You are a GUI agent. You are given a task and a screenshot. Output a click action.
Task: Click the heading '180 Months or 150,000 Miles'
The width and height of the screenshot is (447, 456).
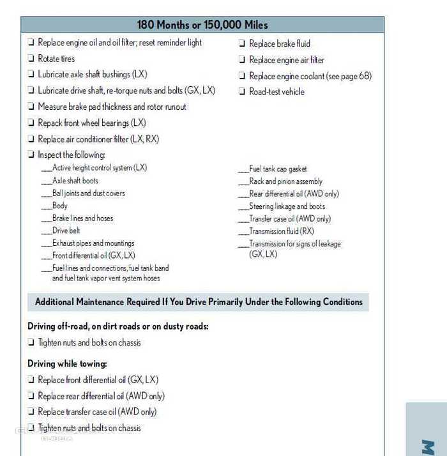[202, 25]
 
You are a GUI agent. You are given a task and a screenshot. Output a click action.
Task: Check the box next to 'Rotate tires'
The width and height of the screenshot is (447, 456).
[31, 59]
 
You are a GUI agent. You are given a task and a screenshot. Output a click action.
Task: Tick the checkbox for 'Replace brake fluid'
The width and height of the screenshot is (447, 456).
[243, 44]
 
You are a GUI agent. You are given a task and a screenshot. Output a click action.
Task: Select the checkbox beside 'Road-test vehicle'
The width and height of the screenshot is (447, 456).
[243, 92]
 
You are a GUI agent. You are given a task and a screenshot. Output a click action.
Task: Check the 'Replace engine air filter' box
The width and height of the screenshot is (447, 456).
[243, 60]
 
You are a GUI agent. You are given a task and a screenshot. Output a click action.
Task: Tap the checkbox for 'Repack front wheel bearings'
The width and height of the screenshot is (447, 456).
[31, 123]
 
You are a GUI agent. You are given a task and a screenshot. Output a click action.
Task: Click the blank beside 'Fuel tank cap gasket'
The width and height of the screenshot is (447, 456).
[243, 170]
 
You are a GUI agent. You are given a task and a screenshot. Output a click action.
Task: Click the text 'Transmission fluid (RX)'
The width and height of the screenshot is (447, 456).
[282, 231]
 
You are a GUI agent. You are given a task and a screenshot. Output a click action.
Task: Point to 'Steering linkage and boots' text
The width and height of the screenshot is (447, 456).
[287, 206]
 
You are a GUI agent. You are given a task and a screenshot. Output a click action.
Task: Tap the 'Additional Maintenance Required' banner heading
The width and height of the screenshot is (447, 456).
[199, 302]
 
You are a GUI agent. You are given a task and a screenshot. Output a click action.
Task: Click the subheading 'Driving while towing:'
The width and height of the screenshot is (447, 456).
[67, 364]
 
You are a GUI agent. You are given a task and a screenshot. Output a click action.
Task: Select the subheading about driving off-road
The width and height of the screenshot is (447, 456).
[118, 326]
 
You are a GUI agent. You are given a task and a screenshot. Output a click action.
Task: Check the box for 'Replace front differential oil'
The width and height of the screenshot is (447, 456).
[31, 381]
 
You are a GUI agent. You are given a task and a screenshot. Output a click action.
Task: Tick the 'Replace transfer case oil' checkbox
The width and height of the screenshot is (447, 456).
[31, 413]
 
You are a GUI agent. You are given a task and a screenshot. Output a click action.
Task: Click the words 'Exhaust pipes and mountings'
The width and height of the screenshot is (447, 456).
[93, 243]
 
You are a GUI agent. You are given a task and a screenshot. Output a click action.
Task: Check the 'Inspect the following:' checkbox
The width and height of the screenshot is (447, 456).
[31, 155]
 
